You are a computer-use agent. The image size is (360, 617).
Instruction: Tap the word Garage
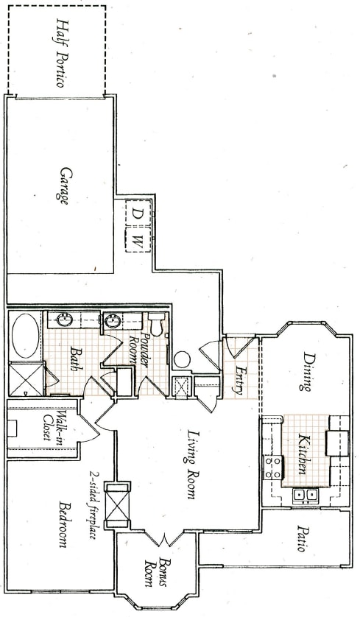[x=66, y=188]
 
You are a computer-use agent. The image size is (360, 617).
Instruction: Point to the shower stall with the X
[x=27, y=378]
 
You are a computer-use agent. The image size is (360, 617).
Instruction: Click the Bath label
[x=74, y=359]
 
